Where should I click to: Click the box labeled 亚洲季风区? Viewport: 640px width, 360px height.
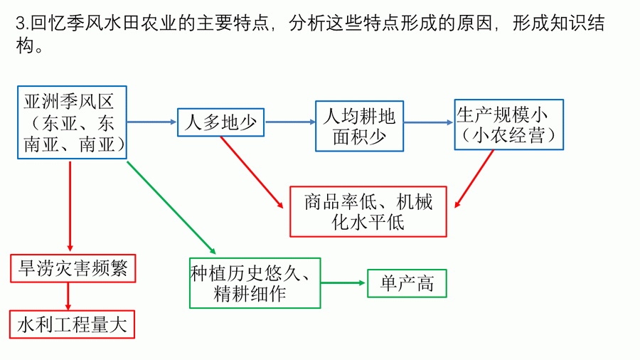click(71, 122)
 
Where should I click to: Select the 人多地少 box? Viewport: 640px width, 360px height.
click(220, 122)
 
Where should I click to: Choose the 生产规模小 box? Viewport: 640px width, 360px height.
click(508, 124)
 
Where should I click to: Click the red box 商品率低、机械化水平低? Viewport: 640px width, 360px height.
click(368, 211)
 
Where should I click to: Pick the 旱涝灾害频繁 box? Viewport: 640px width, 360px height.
click(73, 268)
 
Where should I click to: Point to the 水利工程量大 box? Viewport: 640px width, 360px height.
click(73, 324)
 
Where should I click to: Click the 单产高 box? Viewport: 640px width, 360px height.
click(407, 283)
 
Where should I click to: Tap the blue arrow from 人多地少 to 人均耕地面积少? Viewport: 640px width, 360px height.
click(290, 122)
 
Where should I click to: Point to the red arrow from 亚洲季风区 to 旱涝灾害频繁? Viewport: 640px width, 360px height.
click(70, 206)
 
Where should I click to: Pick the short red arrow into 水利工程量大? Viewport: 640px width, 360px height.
click(69, 296)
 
